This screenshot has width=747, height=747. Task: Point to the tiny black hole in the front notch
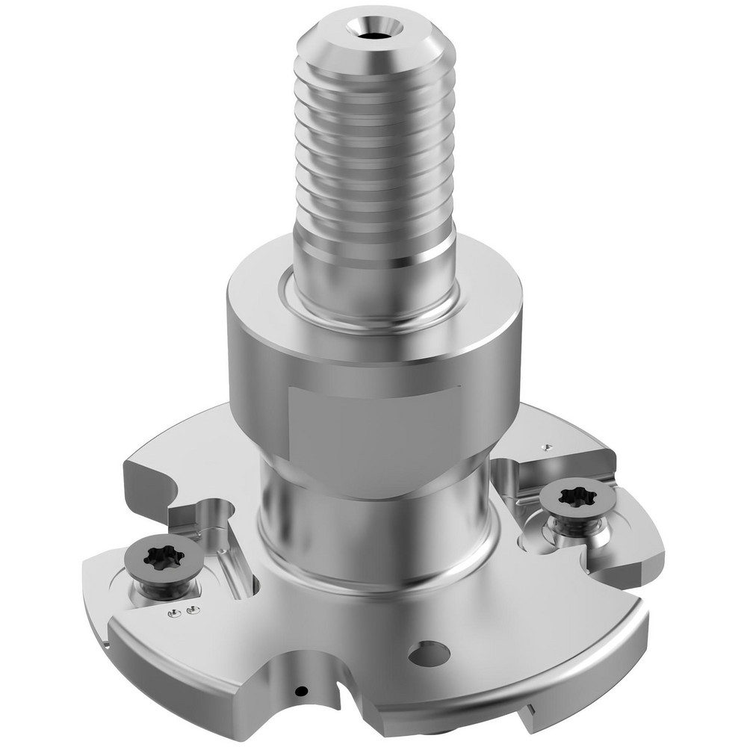301,690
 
